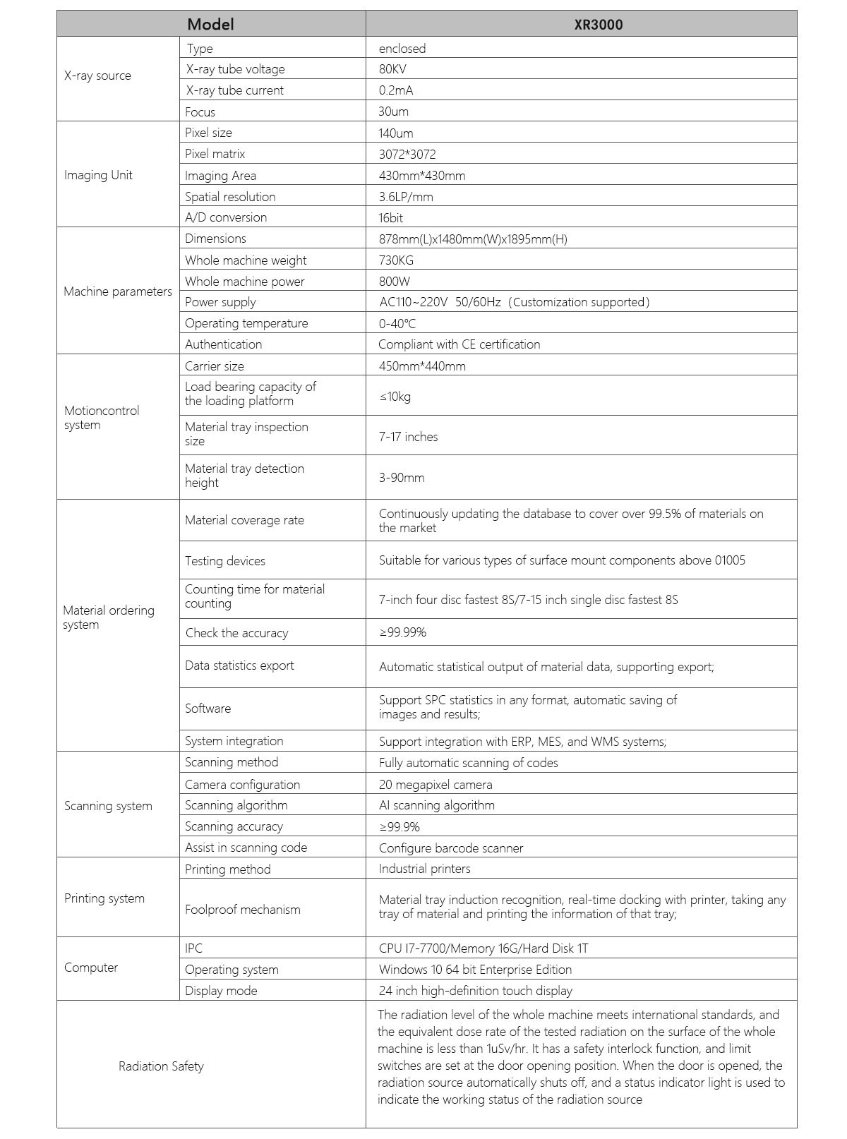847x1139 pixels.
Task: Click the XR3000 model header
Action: tap(598, 25)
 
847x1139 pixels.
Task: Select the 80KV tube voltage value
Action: tap(392, 69)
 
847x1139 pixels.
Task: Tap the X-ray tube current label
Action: tap(234, 90)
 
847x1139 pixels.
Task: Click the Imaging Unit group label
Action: tap(98, 175)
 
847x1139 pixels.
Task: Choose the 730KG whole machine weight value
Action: tap(396, 260)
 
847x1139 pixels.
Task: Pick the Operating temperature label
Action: tap(246, 323)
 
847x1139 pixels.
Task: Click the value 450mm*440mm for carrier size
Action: tap(422, 366)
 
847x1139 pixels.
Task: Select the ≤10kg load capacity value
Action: tap(395, 396)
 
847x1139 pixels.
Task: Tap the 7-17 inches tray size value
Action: tap(408, 437)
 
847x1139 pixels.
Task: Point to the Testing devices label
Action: tap(225, 561)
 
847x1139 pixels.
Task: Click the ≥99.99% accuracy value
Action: tap(402, 632)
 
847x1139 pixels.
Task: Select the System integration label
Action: tap(234, 741)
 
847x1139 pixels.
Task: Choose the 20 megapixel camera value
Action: tap(435, 785)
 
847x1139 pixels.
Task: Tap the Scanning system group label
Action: tap(108, 806)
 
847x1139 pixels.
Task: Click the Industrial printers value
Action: tap(424, 869)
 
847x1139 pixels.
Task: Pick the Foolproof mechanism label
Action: tap(242, 910)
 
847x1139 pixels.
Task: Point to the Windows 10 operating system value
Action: tap(475, 970)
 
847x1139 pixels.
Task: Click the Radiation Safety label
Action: tap(161, 1066)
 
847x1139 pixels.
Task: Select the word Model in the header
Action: tap(210, 25)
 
